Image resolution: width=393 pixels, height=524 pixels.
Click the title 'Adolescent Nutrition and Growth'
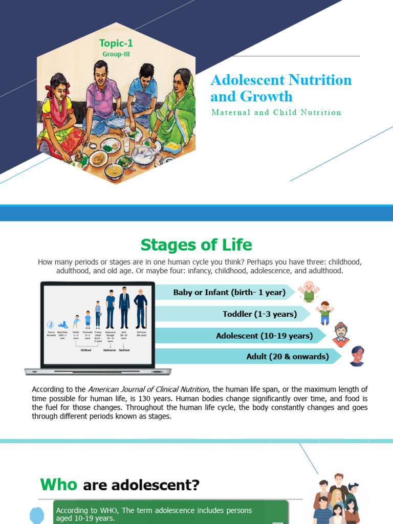click(x=281, y=88)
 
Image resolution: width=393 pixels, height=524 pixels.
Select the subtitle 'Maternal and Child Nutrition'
click(x=276, y=113)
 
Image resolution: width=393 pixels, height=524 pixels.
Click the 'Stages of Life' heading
click(x=196, y=245)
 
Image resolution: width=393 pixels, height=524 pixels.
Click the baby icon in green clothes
click(x=309, y=292)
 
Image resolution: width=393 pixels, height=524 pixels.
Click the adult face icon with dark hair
click(x=357, y=356)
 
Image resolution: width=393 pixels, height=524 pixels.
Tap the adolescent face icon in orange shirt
click(x=341, y=335)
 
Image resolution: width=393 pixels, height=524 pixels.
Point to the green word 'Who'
click(x=59, y=484)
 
